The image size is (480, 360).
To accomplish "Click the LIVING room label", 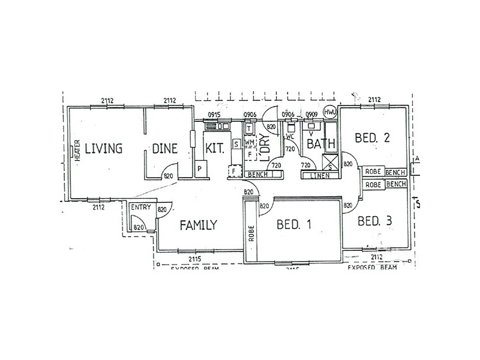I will [x=103, y=148].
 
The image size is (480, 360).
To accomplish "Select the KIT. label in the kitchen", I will [x=215, y=148].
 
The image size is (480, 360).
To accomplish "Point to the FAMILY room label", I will [x=198, y=226].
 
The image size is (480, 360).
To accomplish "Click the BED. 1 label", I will [x=294, y=226].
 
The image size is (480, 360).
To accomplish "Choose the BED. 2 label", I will [x=372, y=138].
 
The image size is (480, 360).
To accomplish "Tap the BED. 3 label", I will [x=374, y=221].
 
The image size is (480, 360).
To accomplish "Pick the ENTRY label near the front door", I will [x=141, y=208].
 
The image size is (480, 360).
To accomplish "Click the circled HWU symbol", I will [x=330, y=112].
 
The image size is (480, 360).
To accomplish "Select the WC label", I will [x=290, y=136].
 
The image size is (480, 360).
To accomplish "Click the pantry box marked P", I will [x=200, y=170].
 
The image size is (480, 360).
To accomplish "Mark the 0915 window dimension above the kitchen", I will [x=215, y=115].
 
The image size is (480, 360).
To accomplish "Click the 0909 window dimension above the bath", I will [x=311, y=115].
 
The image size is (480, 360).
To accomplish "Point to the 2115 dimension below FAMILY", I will [x=194, y=258].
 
